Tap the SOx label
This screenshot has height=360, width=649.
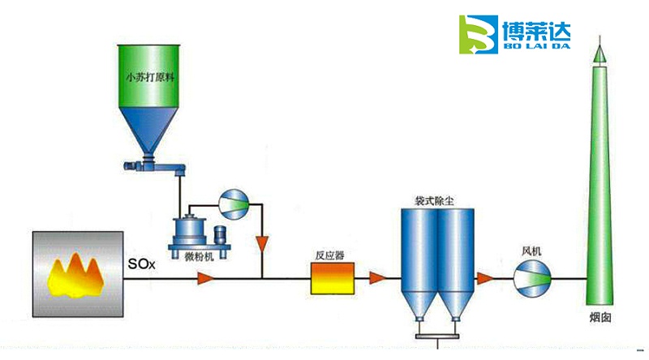[141, 264]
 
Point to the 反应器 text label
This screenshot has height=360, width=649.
[330, 255]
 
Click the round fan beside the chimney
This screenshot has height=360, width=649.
[532, 278]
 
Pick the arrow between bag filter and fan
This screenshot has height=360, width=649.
[484, 279]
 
